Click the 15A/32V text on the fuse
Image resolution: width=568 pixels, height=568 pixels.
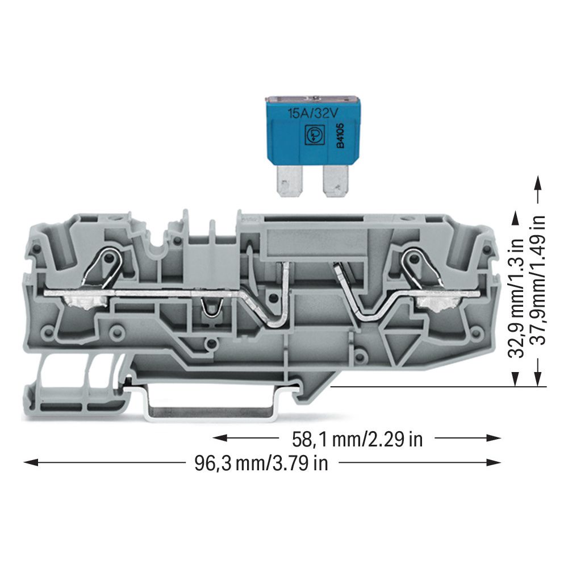point(312,114)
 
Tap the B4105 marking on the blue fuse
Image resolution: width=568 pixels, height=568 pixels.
point(340,136)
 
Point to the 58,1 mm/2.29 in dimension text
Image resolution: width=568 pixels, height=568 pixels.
point(357,440)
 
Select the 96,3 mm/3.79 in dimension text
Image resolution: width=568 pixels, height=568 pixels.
point(261,463)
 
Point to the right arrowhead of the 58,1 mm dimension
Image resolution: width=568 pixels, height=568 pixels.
point(494,438)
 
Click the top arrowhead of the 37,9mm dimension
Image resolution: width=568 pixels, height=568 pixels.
point(538,183)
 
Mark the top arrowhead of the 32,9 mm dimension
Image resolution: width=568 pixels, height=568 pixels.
point(515,219)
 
